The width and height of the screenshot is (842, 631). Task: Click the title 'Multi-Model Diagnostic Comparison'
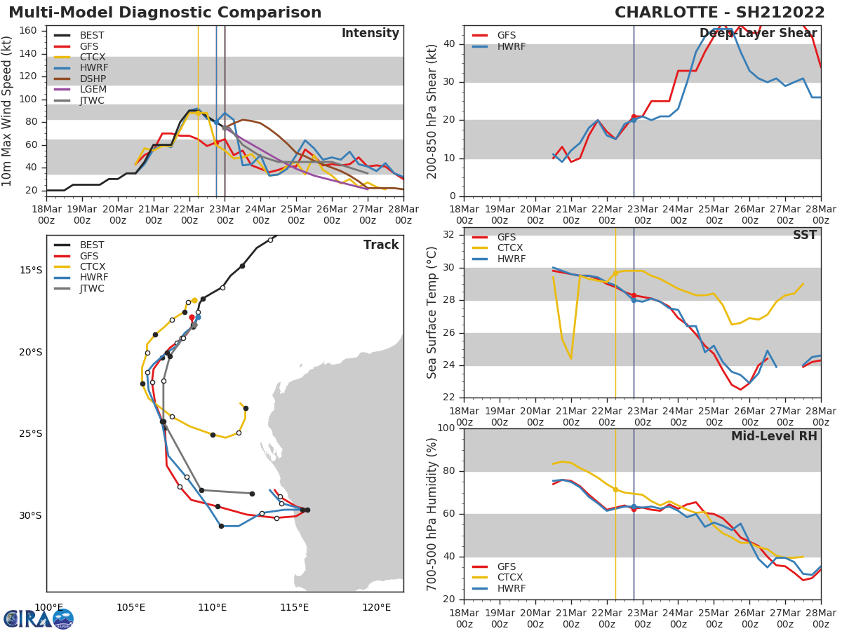click(165, 13)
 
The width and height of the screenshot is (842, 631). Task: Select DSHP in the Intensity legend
click(93, 79)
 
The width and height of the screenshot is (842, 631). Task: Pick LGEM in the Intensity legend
click(93, 90)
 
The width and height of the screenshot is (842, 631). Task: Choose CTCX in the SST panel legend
click(510, 248)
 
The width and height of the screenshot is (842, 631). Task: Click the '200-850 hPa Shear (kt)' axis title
click(432, 111)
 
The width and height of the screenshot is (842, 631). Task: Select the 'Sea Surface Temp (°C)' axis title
click(432, 313)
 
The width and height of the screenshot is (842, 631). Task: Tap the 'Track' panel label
click(380, 245)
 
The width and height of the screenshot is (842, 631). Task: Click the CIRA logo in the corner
click(39, 618)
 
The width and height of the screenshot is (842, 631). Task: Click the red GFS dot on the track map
click(192, 318)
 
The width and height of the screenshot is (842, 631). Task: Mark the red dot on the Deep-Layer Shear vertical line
click(634, 117)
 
